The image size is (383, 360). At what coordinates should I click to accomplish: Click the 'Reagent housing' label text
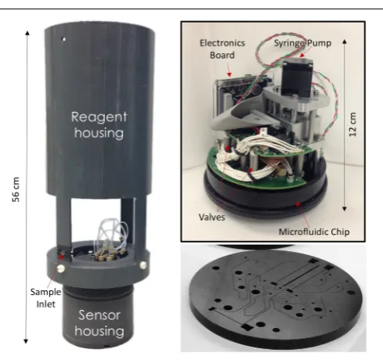[99, 125]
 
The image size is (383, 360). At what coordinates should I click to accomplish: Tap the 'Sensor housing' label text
[99, 323]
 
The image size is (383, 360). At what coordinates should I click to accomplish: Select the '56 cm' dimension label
[16, 189]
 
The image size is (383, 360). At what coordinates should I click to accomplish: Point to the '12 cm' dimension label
[352, 124]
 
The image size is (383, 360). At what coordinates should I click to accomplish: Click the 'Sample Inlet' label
[45, 298]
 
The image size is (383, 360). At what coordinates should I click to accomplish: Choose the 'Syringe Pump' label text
[302, 43]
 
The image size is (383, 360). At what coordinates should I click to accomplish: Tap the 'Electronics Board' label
[222, 49]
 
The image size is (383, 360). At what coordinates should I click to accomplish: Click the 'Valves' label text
[211, 217]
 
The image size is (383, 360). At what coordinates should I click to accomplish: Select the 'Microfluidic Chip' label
[314, 232]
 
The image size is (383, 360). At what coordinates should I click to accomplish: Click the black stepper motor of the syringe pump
[297, 76]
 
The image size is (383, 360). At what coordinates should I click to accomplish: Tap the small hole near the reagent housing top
[63, 39]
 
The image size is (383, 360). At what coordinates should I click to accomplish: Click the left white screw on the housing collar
[60, 268]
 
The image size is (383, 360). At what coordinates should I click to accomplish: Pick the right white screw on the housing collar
[143, 265]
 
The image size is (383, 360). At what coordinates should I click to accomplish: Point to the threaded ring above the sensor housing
[99, 290]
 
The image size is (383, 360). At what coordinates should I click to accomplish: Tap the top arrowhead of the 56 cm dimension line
[27, 33]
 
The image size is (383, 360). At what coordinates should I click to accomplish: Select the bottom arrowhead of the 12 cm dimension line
[345, 208]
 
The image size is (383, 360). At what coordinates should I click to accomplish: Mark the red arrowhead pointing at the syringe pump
[302, 56]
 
